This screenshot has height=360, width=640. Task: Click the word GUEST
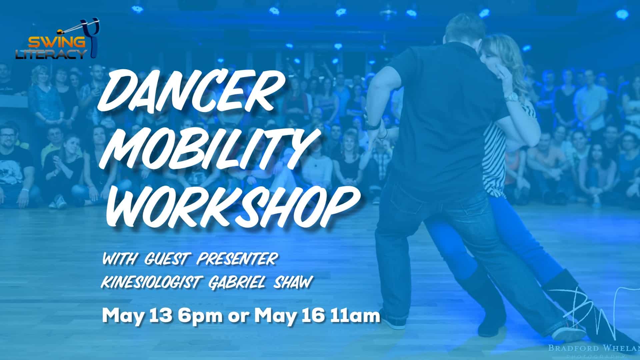click(167, 259)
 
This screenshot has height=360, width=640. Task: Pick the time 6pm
click(200, 315)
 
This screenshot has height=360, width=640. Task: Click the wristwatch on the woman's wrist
click(511, 97)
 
